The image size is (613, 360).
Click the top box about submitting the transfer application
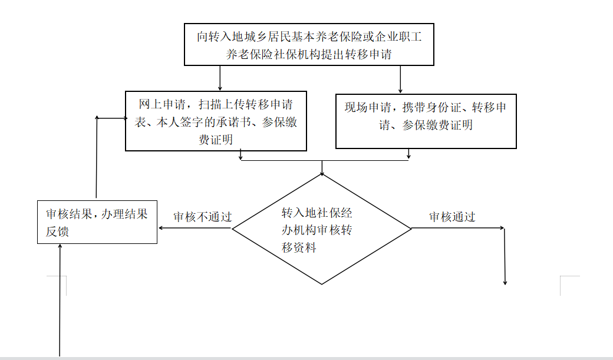click(x=309, y=45)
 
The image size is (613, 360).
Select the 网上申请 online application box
click(x=216, y=121)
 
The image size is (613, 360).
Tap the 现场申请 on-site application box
click(x=426, y=121)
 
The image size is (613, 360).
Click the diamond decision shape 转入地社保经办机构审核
click(x=322, y=229)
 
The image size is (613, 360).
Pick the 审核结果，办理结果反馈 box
click(x=97, y=222)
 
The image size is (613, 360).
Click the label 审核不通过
click(x=203, y=217)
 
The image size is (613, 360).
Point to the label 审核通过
click(x=452, y=217)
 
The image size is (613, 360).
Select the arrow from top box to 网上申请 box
click(x=220, y=78)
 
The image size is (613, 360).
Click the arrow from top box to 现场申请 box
click(x=400, y=80)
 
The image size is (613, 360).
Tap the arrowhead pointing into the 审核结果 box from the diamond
click(x=161, y=228)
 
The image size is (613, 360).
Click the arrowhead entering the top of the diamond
click(x=322, y=173)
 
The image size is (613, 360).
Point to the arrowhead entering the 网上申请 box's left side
click(x=125, y=118)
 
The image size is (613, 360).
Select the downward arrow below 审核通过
click(x=505, y=256)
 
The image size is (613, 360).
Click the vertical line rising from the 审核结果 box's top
click(x=97, y=157)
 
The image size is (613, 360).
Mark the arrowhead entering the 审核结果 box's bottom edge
click(x=60, y=247)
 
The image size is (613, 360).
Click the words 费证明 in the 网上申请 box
click(x=216, y=140)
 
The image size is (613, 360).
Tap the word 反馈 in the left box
click(x=57, y=232)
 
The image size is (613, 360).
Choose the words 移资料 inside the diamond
click(x=299, y=247)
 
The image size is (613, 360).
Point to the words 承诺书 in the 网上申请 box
click(x=233, y=123)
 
